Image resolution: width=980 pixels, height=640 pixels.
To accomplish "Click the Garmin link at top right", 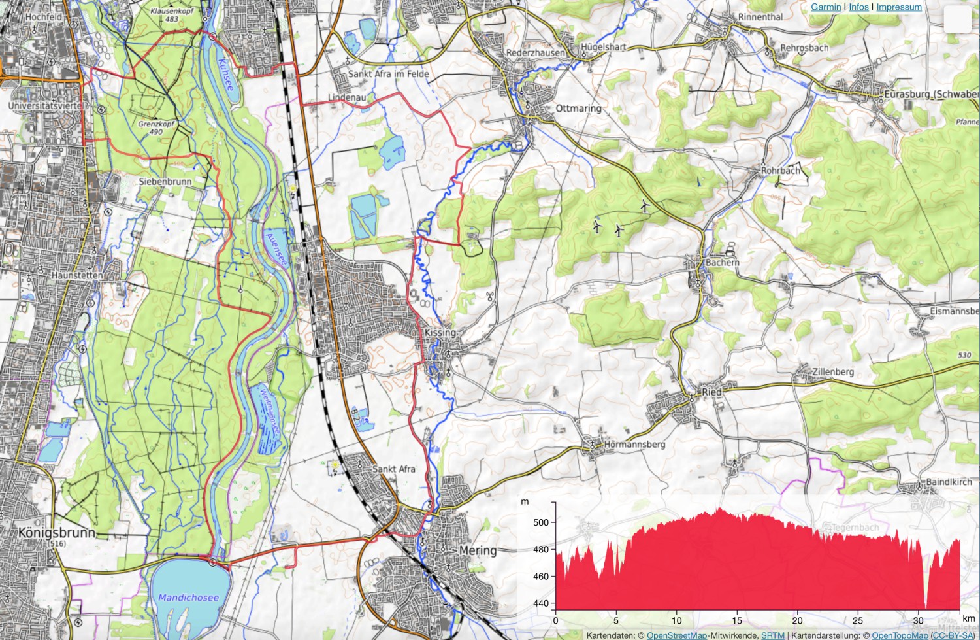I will click(826, 7).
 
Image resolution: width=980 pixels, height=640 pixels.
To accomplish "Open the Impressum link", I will click(899, 7).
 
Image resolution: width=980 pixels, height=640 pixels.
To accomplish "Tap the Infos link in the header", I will click(858, 7).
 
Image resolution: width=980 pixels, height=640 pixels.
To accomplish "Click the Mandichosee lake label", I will click(188, 598).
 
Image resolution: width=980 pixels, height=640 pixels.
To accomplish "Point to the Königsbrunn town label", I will click(57, 533).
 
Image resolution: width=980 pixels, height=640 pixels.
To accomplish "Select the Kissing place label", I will click(440, 332).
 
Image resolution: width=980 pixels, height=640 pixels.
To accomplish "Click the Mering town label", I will click(478, 550).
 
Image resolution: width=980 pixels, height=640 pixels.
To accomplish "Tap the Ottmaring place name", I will click(578, 108).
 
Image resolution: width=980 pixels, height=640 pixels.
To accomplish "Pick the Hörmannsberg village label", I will click(634, 445).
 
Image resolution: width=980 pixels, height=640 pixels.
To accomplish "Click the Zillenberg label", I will click(832, 371).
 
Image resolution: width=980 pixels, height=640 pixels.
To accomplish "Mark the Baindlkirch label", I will click(949, 482).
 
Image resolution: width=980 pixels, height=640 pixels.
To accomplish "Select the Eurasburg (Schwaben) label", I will click(930, 94).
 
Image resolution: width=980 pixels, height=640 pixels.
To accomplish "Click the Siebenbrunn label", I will click(165, 181).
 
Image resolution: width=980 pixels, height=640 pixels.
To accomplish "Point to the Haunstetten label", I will click(77, 275).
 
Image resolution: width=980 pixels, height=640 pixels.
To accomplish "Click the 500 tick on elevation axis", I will click(541, 522).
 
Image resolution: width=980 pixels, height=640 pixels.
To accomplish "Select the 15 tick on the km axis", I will click(737, 620).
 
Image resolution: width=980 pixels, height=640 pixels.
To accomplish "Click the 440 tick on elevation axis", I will click(541, 603).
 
